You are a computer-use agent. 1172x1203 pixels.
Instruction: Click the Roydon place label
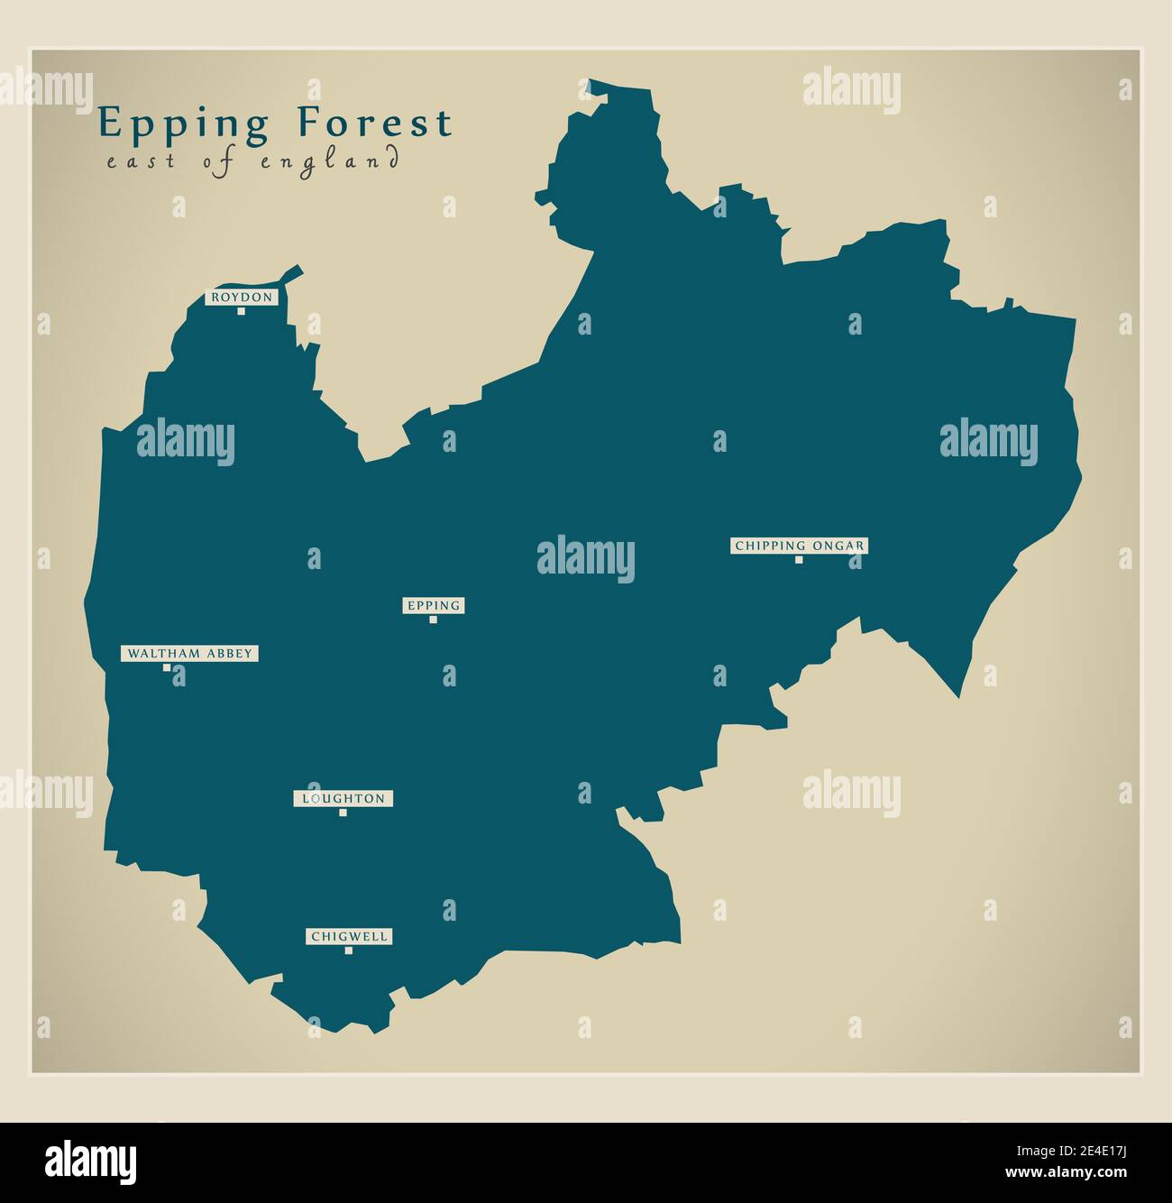pos(241,298)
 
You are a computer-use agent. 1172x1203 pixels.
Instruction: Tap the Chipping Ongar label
pos(800,546)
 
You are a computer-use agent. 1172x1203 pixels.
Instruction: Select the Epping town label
pos(434,606)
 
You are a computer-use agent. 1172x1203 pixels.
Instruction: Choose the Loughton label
pos(343,799)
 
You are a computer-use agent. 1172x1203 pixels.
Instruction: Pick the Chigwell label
pos(350,937)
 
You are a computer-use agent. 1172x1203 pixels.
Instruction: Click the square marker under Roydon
pos(241,312)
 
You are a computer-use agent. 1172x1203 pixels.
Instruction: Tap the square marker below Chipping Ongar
pos(799,560)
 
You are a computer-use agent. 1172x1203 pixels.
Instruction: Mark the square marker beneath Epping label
pos(434,620)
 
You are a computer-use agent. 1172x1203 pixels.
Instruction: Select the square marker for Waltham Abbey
pos(167,668)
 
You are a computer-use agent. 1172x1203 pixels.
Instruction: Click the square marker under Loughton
pos(343,813)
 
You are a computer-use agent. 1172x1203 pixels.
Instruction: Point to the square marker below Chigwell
pos(350,950)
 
